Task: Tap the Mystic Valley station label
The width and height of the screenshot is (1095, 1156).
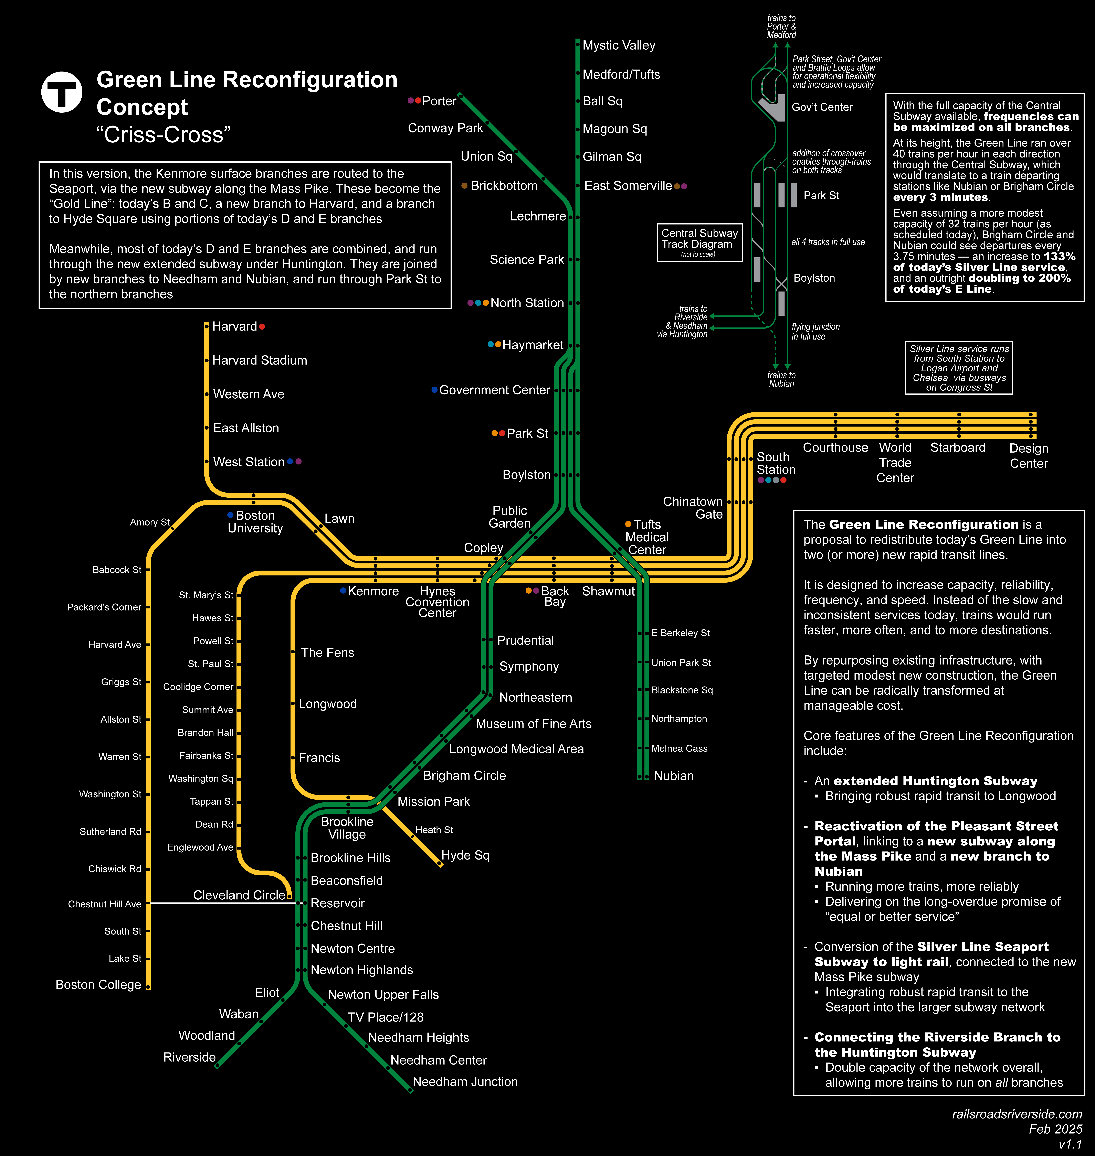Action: click(619, 45)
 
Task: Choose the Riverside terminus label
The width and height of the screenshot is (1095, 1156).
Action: click(189, 1057)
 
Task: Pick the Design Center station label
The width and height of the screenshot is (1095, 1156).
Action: click(1029, 456)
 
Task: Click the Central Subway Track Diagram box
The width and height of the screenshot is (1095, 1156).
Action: click(699, 242)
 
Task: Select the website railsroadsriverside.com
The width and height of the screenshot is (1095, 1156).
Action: click(1017, 1114)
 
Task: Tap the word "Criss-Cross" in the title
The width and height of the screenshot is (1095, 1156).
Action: click(164, 135)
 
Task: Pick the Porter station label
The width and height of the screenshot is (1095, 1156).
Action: click(439, 101)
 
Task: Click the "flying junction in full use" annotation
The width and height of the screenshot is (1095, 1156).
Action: click(815, 331)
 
